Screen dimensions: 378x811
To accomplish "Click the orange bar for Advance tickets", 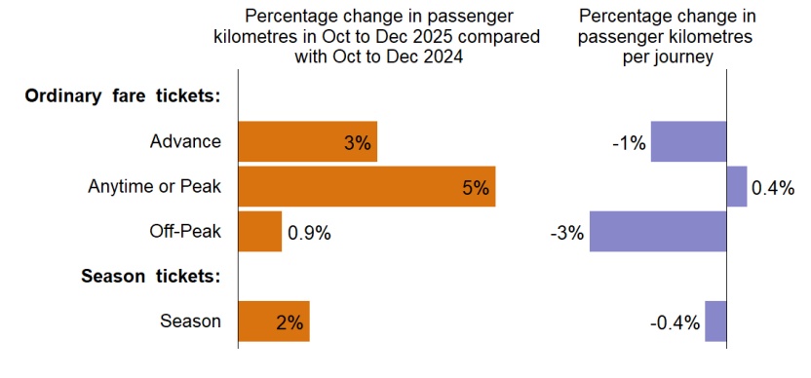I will [x=292, y=142].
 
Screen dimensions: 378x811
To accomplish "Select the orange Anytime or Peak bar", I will [x=351, y=187].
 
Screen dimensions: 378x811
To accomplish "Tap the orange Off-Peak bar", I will [x=260, y=232].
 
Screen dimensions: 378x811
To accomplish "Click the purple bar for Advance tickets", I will [x=688, y=142].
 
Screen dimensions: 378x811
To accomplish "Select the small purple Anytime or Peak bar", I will [x=737, y=187].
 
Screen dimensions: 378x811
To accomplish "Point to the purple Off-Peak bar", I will [x=658, y=232].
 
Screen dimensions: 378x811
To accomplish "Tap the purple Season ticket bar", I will [x=715, y=321].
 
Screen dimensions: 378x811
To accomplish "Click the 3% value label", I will [x=358, y=143].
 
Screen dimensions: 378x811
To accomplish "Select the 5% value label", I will [x=475, y=188].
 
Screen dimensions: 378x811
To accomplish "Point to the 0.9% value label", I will [x=309, y=233].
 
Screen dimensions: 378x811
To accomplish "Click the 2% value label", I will [x=290, y=322].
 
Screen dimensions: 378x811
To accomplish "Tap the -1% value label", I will [x=629, y=143].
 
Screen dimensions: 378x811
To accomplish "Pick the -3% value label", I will [x=566, y=233].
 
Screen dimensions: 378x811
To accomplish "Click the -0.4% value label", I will [x=675, y=322].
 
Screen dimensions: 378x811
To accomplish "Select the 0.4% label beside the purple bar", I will [x=773, y=188].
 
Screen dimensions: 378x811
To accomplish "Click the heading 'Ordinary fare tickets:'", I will [x=123, y=96].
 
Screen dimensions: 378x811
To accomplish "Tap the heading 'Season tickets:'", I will [x=150, y=277].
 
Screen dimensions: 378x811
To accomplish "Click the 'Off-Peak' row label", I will [x=185, y=232].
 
